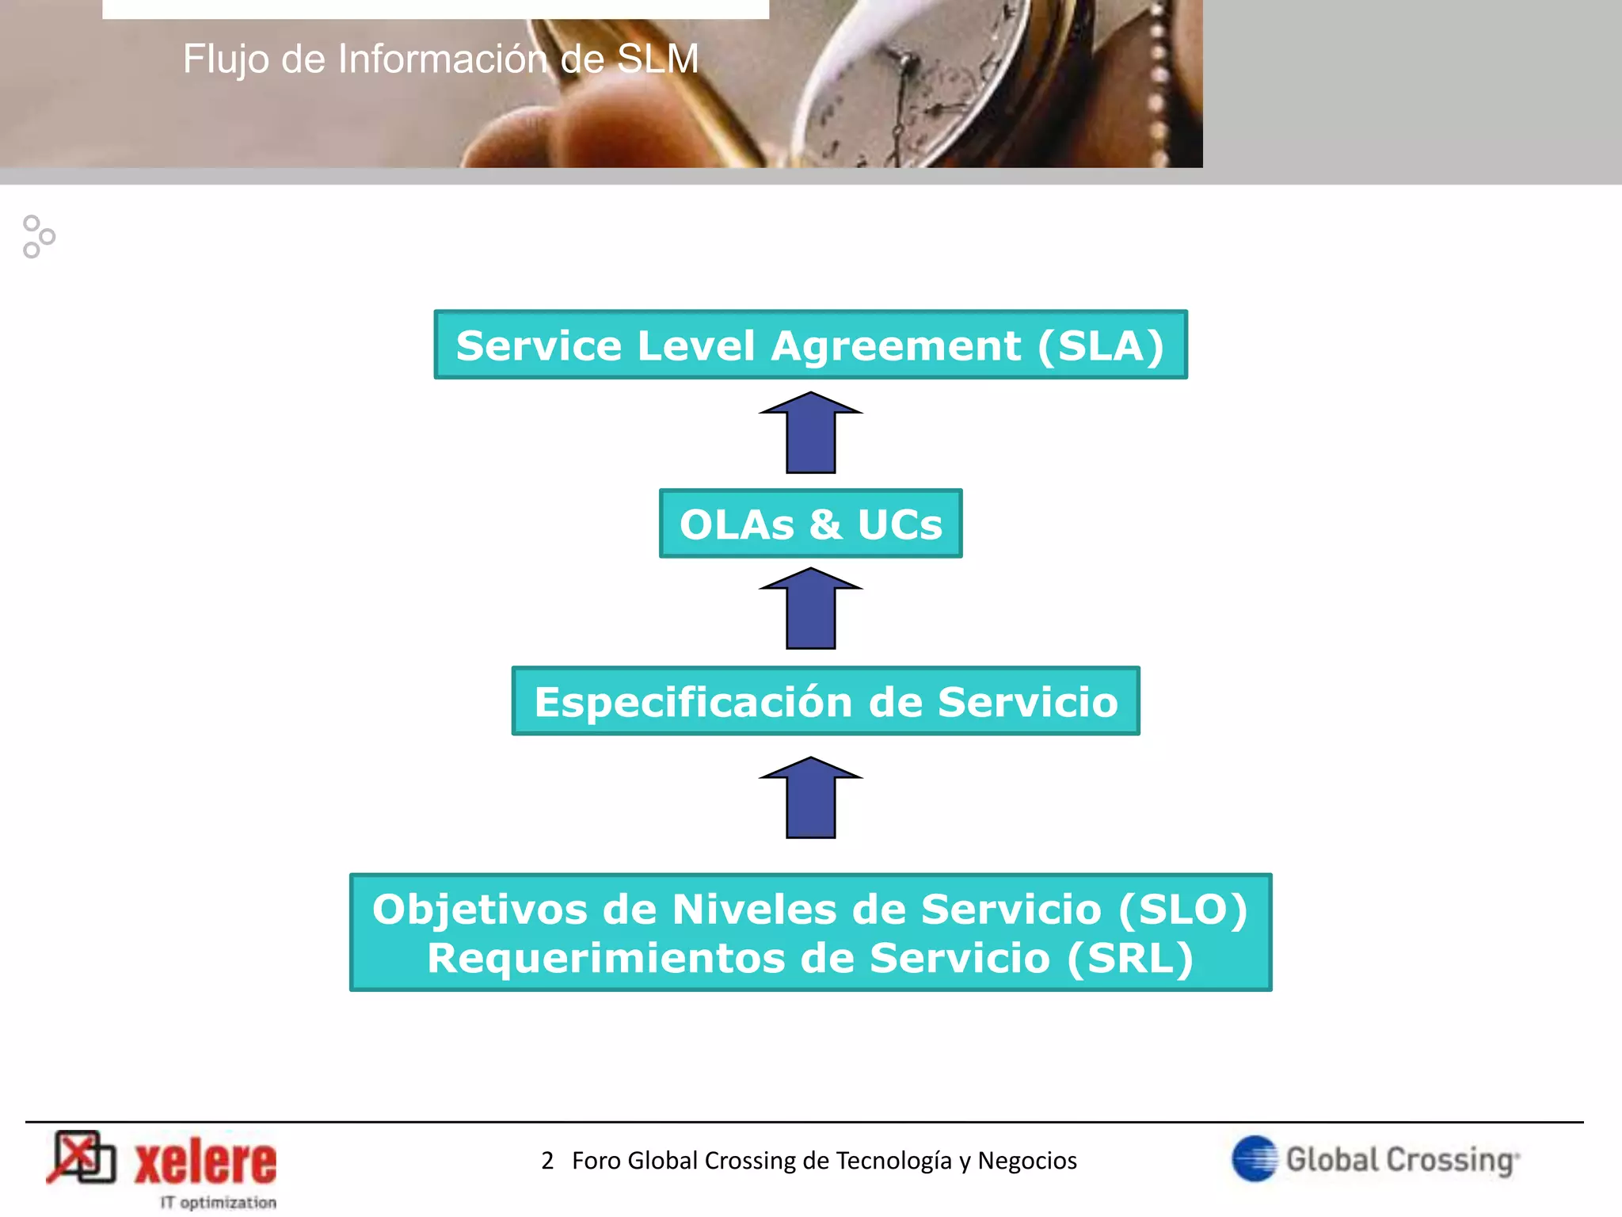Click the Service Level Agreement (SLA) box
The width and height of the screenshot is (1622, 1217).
[810, 345]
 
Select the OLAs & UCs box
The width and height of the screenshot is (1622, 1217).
[810, 524]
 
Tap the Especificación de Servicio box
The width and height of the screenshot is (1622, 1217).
[825, 701]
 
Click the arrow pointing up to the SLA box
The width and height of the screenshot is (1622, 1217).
[810, 433]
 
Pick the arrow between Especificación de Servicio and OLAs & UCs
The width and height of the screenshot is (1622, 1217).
[810, 609]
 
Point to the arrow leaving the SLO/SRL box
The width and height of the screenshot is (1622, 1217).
[810, 799]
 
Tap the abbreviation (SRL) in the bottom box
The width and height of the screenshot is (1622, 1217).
[1130, 958]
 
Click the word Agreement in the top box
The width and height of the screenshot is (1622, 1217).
[896, 345]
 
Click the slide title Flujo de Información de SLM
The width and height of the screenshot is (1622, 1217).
[440, 59]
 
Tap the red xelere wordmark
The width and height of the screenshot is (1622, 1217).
[206, 1162]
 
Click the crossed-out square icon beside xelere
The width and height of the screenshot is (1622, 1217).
[82, 1158]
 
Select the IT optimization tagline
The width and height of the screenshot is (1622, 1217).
[219, 1202]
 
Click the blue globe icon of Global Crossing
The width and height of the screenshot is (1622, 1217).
[1255, 1158]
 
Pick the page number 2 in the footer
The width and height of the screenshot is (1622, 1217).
[547, 1161]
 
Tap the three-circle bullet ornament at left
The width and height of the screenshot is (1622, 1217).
[38, 236]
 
